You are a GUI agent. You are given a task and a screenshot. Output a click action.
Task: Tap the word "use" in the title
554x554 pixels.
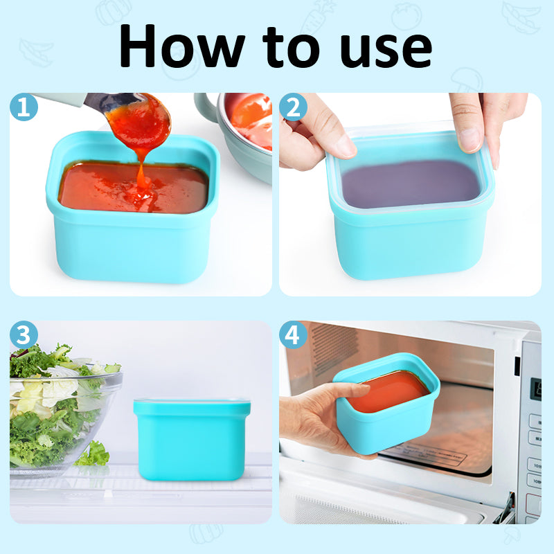[380, 47]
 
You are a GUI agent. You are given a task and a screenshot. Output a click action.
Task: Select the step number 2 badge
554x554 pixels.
[293, 107]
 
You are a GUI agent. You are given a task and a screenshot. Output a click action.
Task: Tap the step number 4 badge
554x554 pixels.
[293, 335]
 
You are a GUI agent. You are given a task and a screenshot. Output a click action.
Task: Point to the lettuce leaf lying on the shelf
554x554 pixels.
[93, 454]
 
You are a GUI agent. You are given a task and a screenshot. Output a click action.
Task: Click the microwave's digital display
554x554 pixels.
[535, 387]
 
